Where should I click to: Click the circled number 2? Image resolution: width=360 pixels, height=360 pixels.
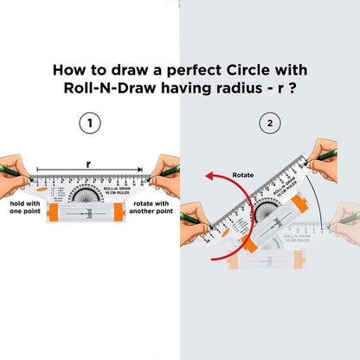click(270, 124)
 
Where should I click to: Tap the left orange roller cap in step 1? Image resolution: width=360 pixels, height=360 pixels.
click(53, 214)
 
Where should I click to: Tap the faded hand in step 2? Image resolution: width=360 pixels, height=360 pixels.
click(344, 227)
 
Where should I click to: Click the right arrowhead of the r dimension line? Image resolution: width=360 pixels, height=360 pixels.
click(140, 170)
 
